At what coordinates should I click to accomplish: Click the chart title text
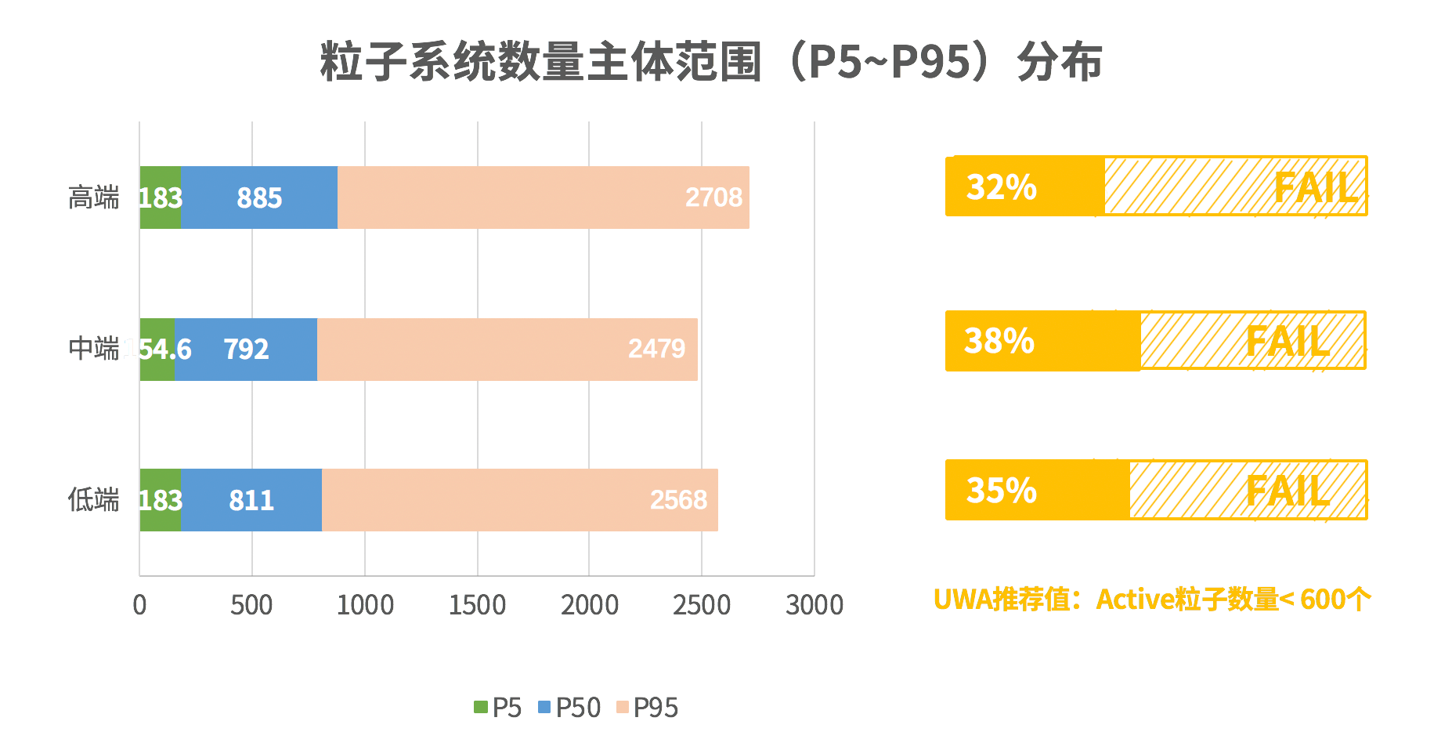point(711,61)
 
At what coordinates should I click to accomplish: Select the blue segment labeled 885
point(259,197)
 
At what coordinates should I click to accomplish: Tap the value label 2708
point(713,197)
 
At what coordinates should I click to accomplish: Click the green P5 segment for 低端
point(160,500)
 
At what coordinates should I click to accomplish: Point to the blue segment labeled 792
point(246,350)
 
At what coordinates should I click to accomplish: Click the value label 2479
point(656,349)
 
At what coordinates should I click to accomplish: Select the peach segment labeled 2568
point(520,500)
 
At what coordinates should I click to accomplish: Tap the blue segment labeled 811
point(251,500)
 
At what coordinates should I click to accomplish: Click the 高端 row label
point(93,197)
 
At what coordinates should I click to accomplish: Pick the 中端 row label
point(93,349)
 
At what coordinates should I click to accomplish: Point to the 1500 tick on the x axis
point(477,605)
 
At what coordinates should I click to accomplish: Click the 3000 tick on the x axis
point(814,605)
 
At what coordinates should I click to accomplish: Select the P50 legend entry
point(569,708)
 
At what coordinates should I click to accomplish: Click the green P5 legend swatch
point(480,707)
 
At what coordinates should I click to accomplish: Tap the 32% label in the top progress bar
point(1001,187)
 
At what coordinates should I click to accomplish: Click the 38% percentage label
point(999,341)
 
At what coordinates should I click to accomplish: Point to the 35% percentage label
point(1001,491)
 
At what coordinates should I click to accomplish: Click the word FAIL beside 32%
point(1315,188)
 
